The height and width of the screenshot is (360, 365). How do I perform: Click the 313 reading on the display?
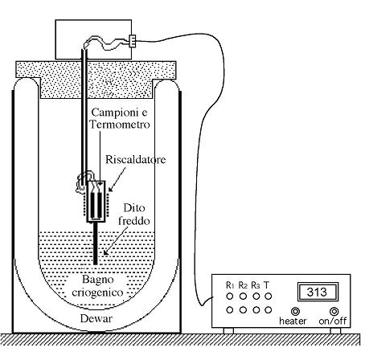[317, 292]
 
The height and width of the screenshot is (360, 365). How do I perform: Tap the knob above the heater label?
[295, 311]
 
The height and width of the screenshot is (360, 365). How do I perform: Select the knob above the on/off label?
[334, 311]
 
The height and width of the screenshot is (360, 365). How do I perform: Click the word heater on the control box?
[293, 321]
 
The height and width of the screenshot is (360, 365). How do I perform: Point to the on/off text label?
[333, 321]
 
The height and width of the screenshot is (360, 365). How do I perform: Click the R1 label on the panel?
[230, 285]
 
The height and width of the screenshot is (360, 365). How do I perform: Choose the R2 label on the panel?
[243, 285]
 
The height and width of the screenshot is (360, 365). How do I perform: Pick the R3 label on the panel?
[256, 285]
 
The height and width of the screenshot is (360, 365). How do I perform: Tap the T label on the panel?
[266, 285]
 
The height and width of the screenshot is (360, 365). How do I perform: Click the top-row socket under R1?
[230, 297]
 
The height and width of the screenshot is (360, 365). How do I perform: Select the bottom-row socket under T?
[268, 310]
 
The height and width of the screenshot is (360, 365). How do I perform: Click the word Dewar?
[96, 318]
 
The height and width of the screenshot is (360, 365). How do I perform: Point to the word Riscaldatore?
[136, 160]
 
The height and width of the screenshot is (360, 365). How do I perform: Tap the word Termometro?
[120, 125]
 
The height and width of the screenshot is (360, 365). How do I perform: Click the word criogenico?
[97, 292]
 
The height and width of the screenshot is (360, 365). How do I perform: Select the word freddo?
[134, 221]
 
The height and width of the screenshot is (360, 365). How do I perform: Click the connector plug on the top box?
[133, 41]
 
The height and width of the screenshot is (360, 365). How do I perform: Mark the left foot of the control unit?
[228, 331]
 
